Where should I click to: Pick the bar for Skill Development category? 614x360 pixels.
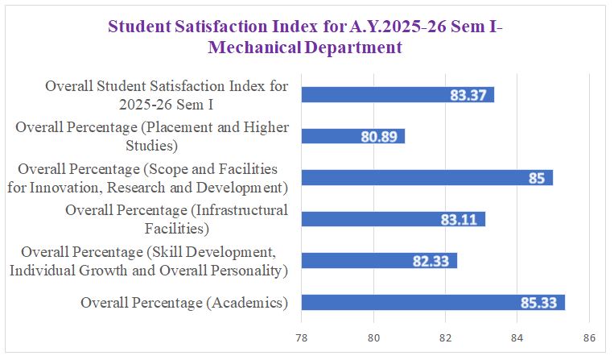379,261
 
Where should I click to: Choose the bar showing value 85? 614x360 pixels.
427,178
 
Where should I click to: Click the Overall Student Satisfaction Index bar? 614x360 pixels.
398,95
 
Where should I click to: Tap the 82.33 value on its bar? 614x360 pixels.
431,261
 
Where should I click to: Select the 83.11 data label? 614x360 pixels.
459,219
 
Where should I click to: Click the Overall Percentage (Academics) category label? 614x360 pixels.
184,303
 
